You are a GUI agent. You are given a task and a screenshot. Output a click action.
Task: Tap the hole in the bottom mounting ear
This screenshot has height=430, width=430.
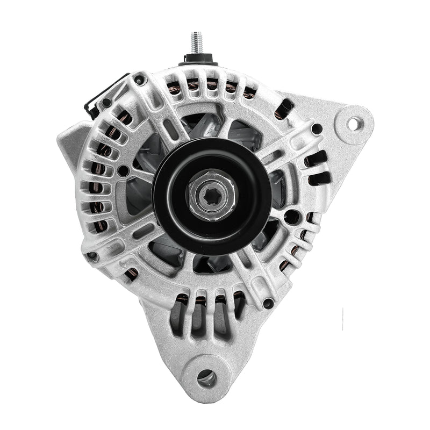tap(206, 378)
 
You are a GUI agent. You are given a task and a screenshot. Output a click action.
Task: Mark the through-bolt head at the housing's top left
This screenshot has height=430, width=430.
tap(141, 81)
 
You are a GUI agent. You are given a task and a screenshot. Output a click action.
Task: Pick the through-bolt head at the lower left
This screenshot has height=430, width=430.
tap(93, 256)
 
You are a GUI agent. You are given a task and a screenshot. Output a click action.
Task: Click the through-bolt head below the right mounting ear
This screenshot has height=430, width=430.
tap(317, 129)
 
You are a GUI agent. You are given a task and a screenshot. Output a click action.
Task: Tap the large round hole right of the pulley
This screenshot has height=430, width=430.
tap(291, 217)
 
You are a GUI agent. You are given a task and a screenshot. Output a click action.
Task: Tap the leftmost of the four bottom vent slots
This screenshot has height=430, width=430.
tap(176, 317)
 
